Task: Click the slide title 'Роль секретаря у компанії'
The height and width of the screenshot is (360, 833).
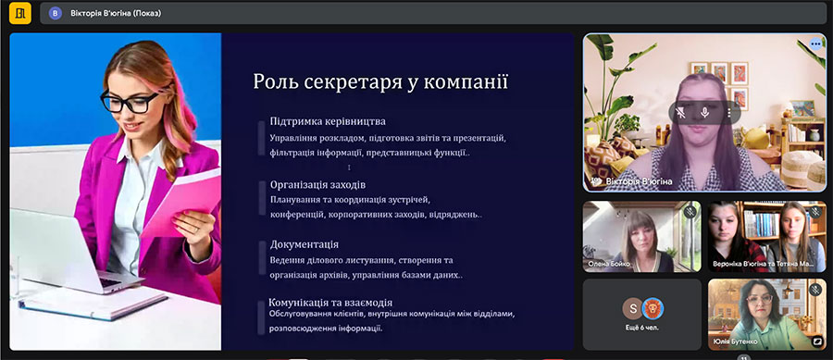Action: [381, 82]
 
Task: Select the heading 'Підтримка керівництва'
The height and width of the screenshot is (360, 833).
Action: [328, 121]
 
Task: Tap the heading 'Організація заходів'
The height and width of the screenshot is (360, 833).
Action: [317, 185]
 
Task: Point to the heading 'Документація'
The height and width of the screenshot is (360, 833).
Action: [305, 244]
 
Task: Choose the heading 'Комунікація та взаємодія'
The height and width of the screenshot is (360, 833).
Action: [330, 303]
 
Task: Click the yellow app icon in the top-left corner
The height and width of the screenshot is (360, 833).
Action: [20, 13]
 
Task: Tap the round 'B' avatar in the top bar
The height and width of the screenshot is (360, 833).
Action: [56, 13]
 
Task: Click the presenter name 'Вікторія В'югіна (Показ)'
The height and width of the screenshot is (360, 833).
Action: [116, 13]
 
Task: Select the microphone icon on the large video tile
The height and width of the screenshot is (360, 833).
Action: [705, 113]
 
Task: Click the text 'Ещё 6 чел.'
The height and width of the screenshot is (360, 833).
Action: [642, 328]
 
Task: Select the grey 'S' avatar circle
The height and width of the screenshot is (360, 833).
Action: [632, 308]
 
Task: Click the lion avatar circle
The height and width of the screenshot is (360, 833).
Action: [653, 308]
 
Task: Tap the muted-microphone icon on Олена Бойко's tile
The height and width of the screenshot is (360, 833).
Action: [690, 212]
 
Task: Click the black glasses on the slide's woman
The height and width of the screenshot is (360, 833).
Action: [130, 101]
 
